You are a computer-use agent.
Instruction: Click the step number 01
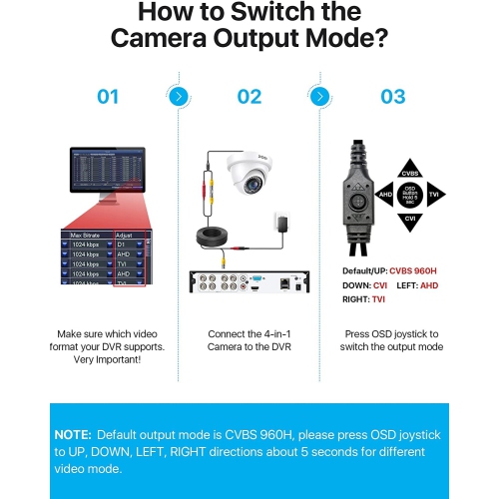(108, 97)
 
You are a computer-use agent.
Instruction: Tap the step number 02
(249, 97)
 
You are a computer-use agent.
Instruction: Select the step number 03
(393, 97)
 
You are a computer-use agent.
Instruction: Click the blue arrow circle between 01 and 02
(178, 97)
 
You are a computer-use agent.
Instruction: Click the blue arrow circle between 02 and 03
(319, 97)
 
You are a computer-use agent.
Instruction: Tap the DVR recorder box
(249, 282)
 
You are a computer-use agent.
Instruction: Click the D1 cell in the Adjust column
(124, 246)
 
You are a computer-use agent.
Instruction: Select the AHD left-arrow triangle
(384, 196)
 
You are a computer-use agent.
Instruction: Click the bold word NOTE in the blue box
(75, 436)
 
